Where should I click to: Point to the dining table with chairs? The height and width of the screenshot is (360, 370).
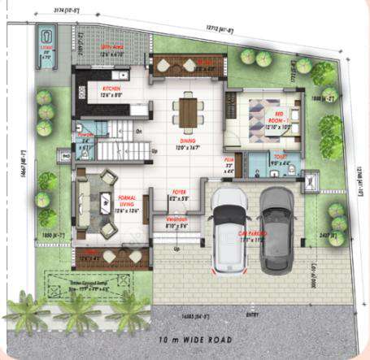188,111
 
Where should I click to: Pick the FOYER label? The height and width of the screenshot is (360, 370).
179,193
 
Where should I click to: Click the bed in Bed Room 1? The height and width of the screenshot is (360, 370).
266,115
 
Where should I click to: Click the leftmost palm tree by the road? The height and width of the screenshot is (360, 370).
24,312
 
